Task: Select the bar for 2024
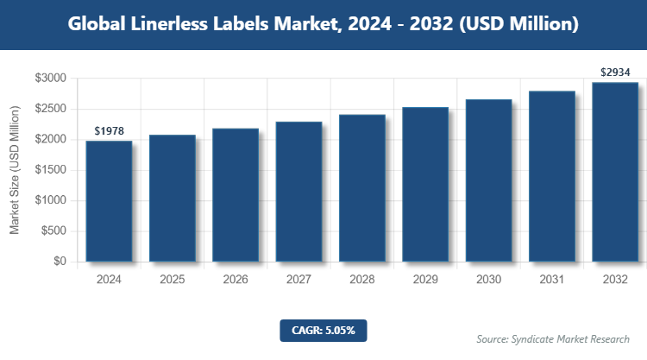[x=109, y=201]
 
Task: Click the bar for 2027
[x=299, y=192]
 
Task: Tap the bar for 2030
[x=488, y=180]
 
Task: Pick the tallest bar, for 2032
[x=615, y=172]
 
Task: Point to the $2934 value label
[x=615, y=73]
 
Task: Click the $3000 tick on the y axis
[x=50, y=79]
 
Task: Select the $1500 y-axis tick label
[x=50, y=170]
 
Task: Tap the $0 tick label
[x=59, y=262]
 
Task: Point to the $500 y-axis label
[x=53, y=231]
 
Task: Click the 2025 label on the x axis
[x=173, y=280]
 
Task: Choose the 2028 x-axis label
[x=362, y=280]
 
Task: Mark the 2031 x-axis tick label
[x=552, y=280]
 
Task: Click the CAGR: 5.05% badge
[x=323, y=330]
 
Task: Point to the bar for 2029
[x=425, y=185]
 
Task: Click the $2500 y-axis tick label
[x=50, y=109]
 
